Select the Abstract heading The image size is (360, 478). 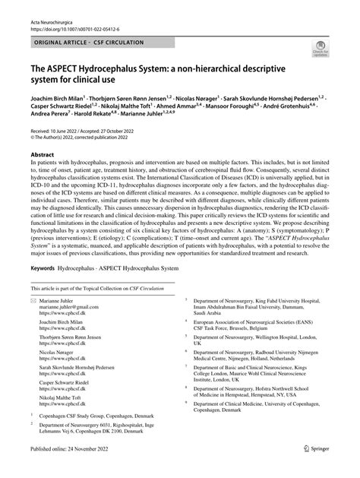pyautogui.click(x=43, y=174)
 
